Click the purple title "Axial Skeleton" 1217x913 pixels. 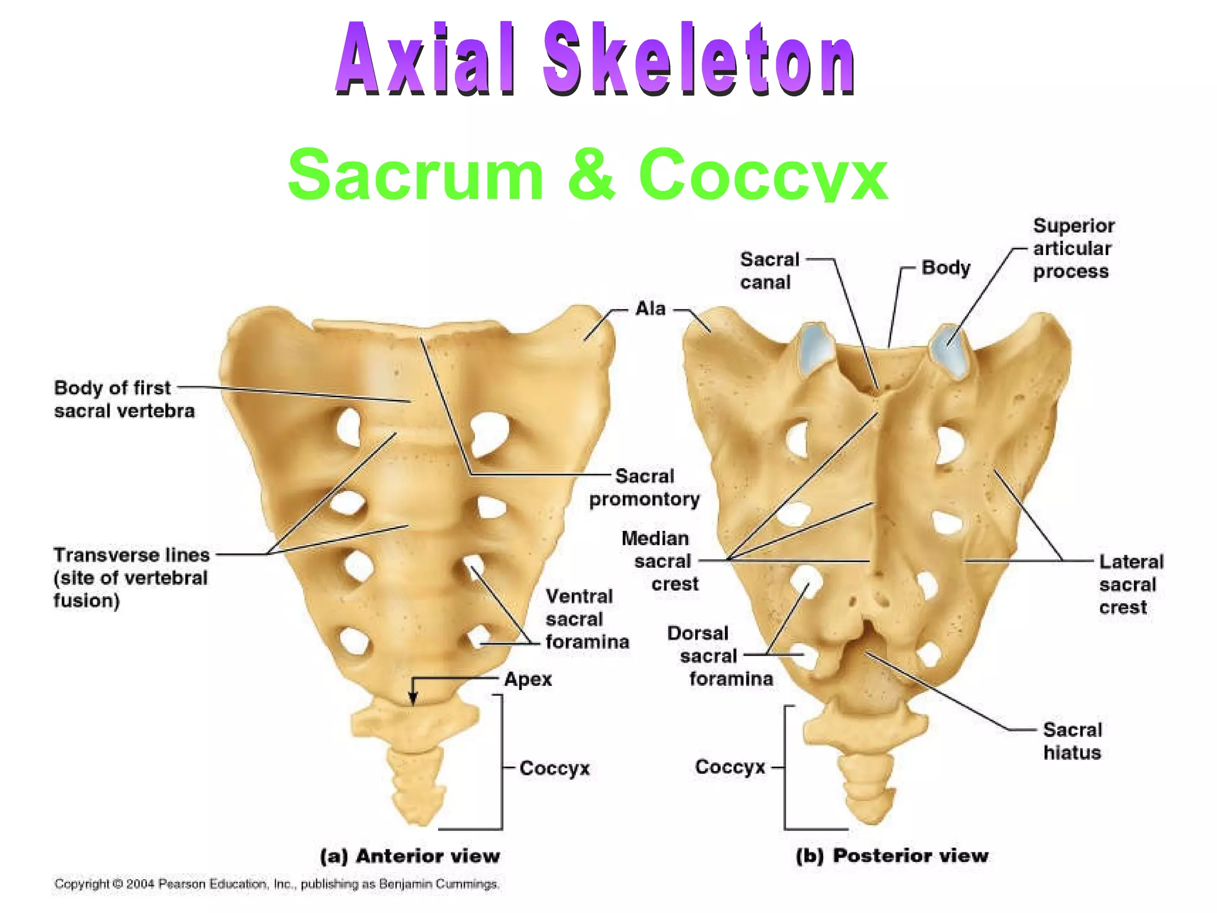pyautogui.click(x=594, y=59)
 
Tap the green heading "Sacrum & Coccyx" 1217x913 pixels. pyautogui.click(x=587, y=174)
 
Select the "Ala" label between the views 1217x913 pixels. pyautogui.click(x=650, y=308)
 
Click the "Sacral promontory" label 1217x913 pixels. pyautogui.click(x=644, y=487)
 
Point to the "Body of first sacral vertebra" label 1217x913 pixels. pyautogui.click(x=124, y=399)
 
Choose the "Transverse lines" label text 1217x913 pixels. pyautogui.click(x=131, y=555)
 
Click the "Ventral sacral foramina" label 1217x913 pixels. pyautogui.click(x=587, y=619)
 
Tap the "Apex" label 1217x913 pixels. pyautogui.click(x=528, y=679)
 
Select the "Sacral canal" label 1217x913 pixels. pyautogui.click(x=770, y=270)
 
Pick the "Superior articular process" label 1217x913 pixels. pyautogui.click(x=1073, y=248)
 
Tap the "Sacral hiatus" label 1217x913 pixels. pyautogui.click(x=1072, y=741)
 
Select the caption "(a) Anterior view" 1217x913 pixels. pyautogui.click(x=410, y=856)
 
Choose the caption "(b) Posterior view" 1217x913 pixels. pyautogui.click(x=892, y=855)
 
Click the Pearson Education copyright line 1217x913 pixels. pyautogui.click(x=276, y=884)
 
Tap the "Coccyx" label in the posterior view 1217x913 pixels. pyautogui.click(x=730, y=767)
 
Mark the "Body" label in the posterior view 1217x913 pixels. pyautogui.click(x=945, y=267)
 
